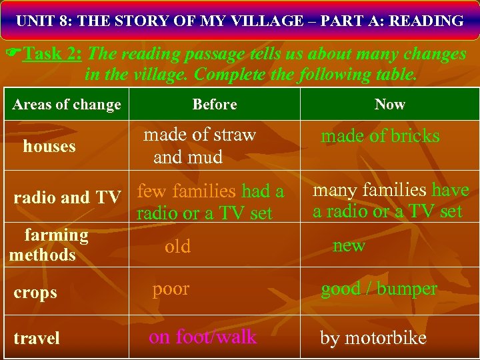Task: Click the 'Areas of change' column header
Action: pyautogui.click(x=67, y=105)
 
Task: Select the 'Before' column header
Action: pyautogui.click(x=215, y=105)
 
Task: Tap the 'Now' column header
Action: pyautogui.click(x=390, y=105)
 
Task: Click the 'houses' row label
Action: pyautogui.click(x=49, y=147)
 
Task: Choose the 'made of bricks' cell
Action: pyautogui.click(x=380, y=136)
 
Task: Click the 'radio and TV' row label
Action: pyautogui.click(x=67, y=197)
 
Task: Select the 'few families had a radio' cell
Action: pyautogui.click(x=210, y=202)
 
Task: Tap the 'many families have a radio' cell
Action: pyautogui.click(x=391, y=201)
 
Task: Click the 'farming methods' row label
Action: pyautogui.click(x=49, y=245)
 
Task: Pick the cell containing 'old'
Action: pyautogui.click(x=177, y=247)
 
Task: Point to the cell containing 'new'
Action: pyautogui.click(x=349, y=245)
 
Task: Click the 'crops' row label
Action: pyautogui.click(x=35, y=293)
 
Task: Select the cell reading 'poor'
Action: pyautogui.click(x=171, y=289)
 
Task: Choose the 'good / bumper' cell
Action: pyautogui.click(x=379, y=289)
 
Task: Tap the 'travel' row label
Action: pyautogui.click(x=37, y=339)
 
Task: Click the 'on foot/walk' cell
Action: pyautogui.click(x=203, y=337)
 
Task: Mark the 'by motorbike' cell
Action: pyautogui.click(x=373, y=338)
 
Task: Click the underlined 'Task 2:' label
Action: pyautogui.click(x=53, y=54)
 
